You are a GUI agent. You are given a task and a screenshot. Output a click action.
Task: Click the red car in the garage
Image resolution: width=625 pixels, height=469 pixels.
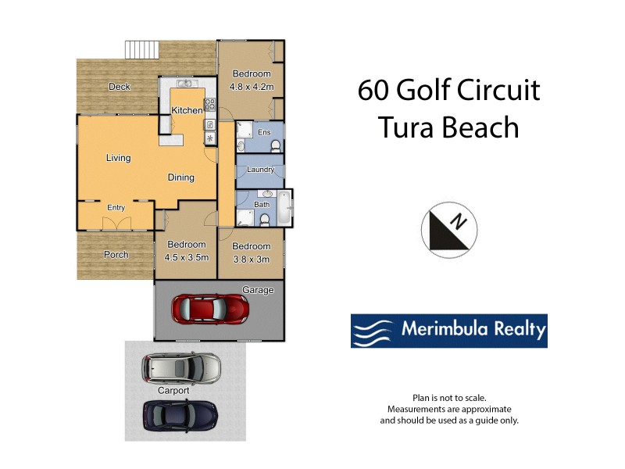tap(210, 309)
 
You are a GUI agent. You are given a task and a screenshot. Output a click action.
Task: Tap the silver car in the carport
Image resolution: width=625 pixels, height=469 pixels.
tap(181, 367)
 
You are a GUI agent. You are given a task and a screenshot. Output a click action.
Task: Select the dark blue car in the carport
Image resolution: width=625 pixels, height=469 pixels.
tap(180, 414)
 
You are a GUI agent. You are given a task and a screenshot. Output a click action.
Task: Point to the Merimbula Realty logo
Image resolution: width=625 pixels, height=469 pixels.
tap(448, 331)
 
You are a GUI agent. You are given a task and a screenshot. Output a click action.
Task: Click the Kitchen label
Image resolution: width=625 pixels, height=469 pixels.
tap(187, 111)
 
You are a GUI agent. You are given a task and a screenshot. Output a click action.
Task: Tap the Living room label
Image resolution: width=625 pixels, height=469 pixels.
tap(119, 158)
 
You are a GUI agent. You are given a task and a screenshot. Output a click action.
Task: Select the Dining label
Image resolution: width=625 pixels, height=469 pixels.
tap(181, 177)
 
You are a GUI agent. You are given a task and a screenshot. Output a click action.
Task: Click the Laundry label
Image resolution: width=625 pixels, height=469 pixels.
tap(259, 170)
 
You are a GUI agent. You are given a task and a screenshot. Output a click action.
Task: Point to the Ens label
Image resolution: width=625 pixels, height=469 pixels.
tap(264, 132)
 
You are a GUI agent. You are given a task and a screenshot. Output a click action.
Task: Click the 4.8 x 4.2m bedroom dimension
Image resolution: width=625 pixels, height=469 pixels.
tap(252, 87)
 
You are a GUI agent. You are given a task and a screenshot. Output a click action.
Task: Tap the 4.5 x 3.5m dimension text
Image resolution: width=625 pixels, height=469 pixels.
tap(186, 256)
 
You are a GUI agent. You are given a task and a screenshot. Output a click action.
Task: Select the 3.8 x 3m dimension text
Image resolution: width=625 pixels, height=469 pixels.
tap(251, 256)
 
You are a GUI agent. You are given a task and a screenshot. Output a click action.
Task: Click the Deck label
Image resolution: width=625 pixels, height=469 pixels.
tap(120, 87)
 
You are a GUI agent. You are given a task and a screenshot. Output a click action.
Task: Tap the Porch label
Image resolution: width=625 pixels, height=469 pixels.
tap(116, 254)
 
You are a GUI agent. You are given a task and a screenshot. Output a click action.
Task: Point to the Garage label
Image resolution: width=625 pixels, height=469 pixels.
tap(258, 290)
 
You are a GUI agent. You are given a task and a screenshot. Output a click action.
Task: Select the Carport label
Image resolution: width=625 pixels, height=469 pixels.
tap(173, 390)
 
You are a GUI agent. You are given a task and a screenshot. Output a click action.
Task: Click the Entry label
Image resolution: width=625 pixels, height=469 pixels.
tap(116, 207)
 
